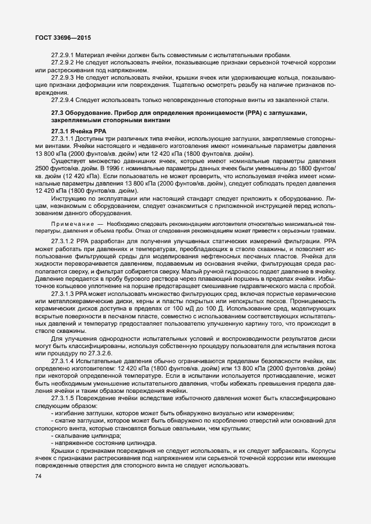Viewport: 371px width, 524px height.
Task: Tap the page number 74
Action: coord(39,476)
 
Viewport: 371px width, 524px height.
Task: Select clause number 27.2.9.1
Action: coord(63,55)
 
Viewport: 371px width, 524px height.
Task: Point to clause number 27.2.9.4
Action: coord(63,100)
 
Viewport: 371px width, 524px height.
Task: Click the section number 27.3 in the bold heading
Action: coord(57,114)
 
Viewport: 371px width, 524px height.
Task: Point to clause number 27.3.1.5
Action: coord(63,397)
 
